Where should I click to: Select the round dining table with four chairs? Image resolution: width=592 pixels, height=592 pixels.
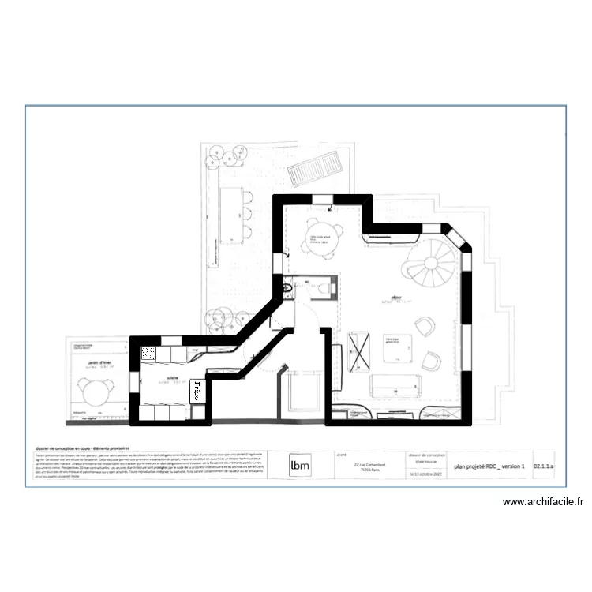324,235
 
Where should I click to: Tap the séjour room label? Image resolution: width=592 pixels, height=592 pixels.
395,298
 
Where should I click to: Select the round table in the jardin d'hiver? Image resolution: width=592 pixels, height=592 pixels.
96,392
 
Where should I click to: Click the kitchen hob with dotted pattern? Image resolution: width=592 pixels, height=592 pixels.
149,355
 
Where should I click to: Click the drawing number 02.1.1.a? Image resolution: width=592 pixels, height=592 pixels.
544,466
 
